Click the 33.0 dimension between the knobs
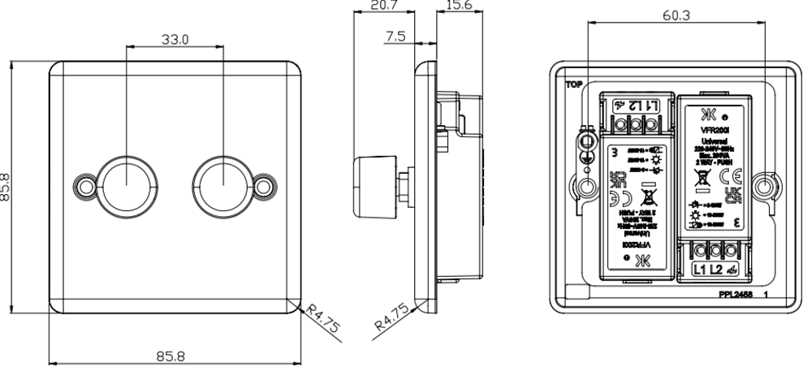coord(166,38)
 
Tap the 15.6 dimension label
coord(460,6)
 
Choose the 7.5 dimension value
coord(395,37)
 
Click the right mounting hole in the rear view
coord(761,188)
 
